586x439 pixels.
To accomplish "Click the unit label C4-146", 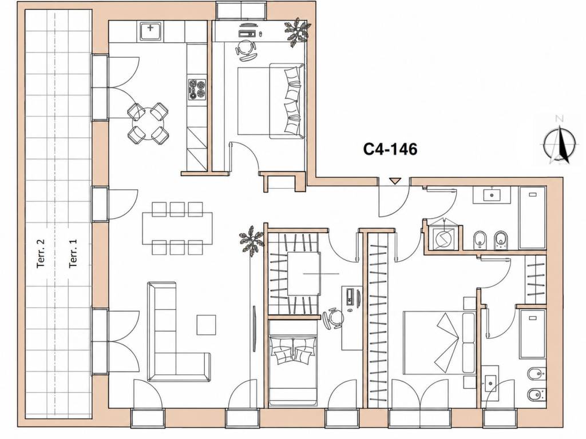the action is tap(390, 149).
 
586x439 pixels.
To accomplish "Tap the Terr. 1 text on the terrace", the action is tap(73, 253).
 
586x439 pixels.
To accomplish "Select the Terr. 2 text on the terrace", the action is tap(41, 253).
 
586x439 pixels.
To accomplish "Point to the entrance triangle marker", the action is tap(394, 181).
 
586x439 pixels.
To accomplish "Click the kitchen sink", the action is tap(151, 31).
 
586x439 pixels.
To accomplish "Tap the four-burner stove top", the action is tap(197, 89).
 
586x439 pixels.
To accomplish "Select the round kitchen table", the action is tap(148, 123).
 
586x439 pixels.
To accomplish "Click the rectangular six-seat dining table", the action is tap(177, 228).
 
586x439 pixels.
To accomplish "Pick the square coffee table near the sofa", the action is tap(206, 325).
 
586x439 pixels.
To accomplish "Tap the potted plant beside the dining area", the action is tap(252, 241).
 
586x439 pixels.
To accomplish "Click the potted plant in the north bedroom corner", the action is tap(298, 32).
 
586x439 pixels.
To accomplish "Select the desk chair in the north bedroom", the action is tap(246, 50).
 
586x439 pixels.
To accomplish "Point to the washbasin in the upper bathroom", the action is tap(492, 194).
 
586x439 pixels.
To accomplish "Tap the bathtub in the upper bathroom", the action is tap(532, 217).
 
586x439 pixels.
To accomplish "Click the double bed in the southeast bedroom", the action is tap(439, 342).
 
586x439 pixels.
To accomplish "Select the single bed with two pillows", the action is tap(294, 370).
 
